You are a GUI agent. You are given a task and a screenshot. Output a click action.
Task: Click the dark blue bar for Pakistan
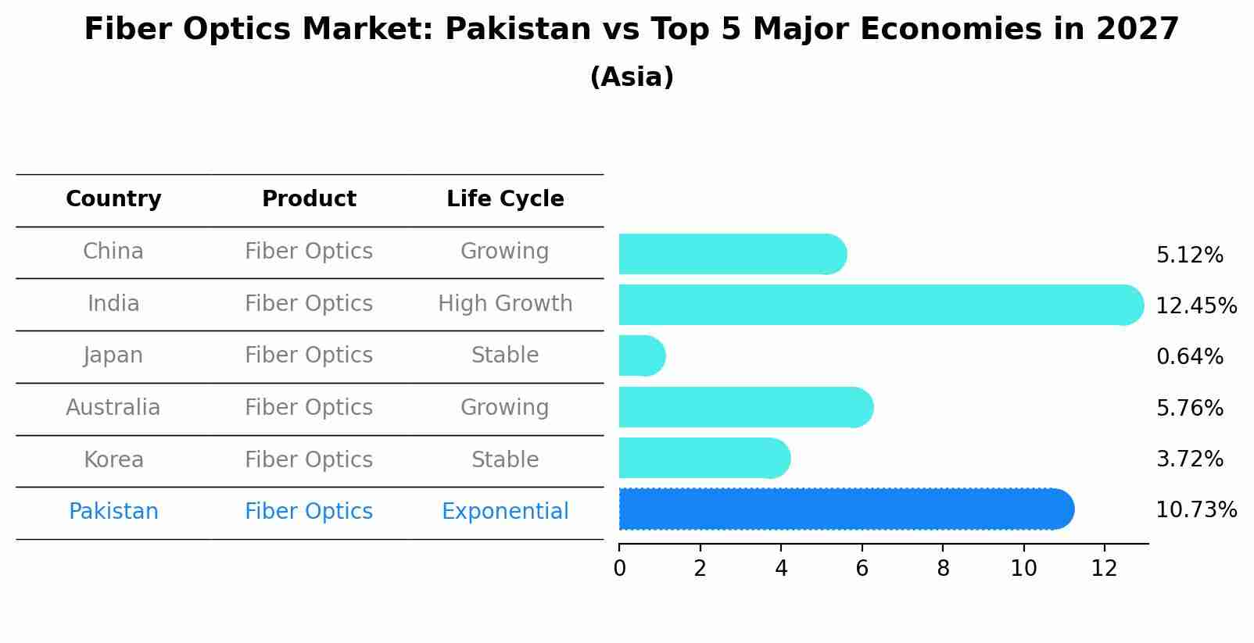coord(844,509)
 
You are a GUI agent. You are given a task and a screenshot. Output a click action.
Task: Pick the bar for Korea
coord(704,459)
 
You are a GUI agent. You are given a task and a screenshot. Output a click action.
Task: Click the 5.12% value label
coord(1189,255)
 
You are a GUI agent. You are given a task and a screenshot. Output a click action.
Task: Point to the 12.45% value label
coord(1196,306)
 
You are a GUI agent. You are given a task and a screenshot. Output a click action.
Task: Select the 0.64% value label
coord(1189,357)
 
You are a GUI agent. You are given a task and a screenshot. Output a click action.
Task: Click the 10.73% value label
coord(1196,510)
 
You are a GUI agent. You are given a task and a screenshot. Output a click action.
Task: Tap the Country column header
coord(113,199)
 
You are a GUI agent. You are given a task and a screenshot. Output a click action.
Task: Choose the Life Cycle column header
coord(505,199)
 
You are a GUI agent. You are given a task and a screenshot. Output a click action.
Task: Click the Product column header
coord(309,199)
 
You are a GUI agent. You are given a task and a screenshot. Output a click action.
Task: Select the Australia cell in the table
coord(113,408)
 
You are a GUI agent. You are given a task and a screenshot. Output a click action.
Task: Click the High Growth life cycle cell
coord(505,304)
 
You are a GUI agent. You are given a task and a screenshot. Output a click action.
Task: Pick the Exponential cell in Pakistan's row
coord(505,512)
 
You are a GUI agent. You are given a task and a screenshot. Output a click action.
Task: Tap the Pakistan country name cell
coord(113,512)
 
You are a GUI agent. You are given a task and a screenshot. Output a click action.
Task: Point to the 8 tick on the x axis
coord(943,569)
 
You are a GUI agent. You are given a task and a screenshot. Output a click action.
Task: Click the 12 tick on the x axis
coord(1104,569)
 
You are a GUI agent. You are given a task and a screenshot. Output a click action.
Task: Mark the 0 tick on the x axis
coord(619,569)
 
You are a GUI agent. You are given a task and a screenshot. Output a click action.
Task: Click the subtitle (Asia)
coord(632,77)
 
